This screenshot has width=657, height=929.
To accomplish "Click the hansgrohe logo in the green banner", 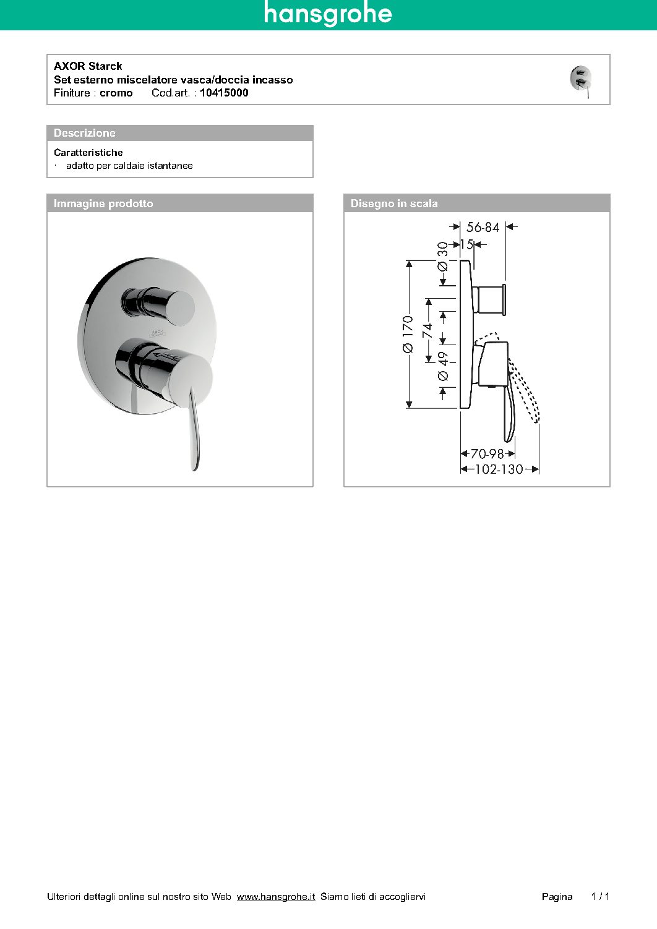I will coord(328,14).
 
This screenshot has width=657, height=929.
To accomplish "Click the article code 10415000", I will coord(224,93).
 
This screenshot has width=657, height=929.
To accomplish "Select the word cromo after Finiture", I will coord(116,93).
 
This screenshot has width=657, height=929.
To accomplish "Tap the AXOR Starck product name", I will coord(88,66).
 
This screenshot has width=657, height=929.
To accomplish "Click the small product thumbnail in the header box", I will coord(581,80).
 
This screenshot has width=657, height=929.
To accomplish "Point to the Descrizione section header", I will coord(85,133).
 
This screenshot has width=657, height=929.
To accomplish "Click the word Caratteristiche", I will coord(88,152).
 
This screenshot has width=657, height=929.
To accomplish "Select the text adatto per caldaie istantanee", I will coord(129,166).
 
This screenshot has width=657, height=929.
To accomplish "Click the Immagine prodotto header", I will coord(103,203).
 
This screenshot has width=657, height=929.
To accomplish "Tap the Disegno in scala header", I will coord(394,203).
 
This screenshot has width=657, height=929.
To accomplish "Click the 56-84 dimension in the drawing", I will coord(483,227).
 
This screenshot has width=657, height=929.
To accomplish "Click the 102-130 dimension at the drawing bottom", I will coord(499,469).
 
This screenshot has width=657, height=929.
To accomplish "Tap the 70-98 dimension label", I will coord(487,454).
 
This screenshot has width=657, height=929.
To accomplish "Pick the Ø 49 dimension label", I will coord(443,366).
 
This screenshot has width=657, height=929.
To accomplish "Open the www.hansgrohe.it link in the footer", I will coord(276,896).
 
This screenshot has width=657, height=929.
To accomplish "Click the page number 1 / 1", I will coord(600,896).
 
